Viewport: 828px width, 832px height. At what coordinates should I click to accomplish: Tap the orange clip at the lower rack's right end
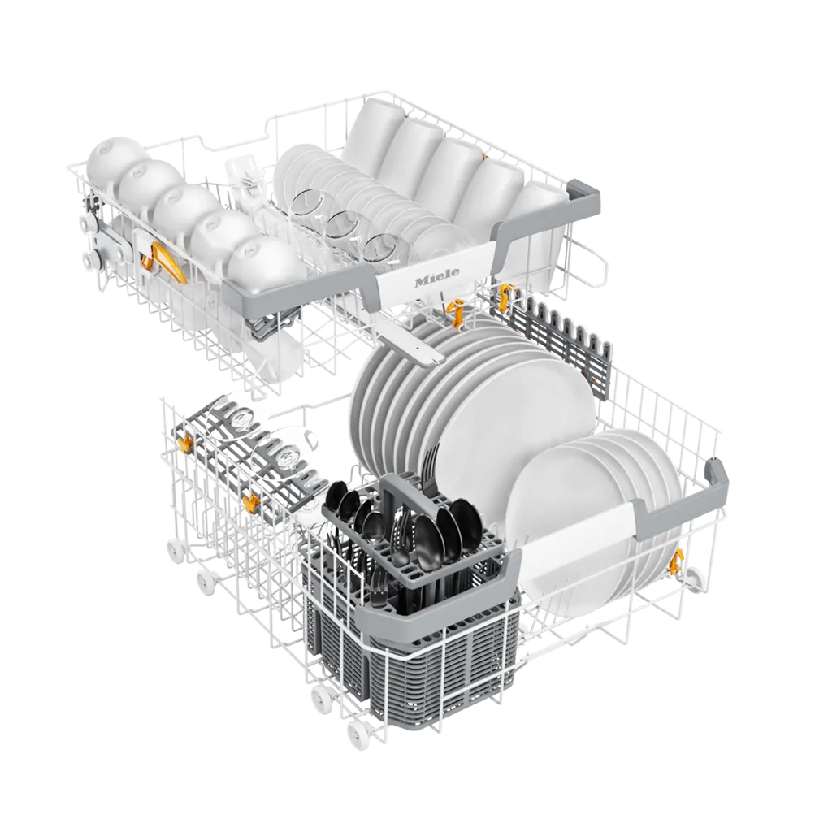pos(675,562)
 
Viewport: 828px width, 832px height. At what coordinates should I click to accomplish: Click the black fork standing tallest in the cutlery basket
pos(431,467)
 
